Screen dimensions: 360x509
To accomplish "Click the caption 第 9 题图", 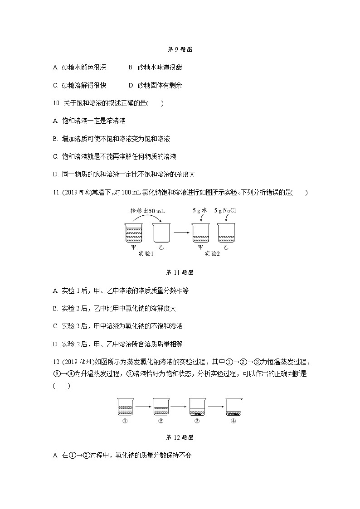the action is coord(180,50).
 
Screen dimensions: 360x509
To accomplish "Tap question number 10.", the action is coord(57,103).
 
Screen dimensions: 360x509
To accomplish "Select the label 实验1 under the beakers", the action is coord(146,254).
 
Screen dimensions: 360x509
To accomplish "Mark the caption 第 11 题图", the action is coord(180,272).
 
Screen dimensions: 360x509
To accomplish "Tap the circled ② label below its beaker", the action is coord(161,421).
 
